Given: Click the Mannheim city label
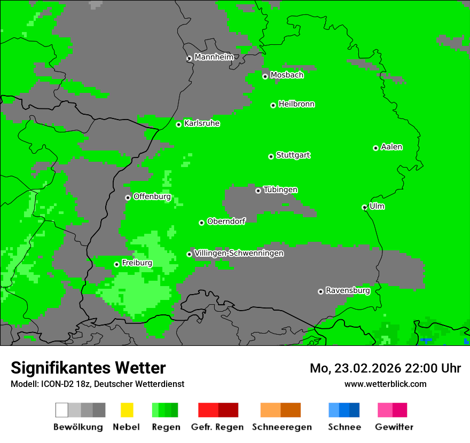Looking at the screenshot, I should click(214, 57).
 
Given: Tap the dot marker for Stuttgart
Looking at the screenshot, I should click(271, 156).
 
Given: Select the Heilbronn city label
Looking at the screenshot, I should click(296, 104).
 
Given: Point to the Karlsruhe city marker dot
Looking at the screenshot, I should click(178, 124).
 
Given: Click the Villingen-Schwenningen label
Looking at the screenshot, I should click(239, 253).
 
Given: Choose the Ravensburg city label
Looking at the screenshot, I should click(348, 290).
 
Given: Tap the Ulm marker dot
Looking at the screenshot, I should click(364, 207).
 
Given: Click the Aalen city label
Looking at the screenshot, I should click(391, 147).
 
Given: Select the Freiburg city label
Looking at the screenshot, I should click(137, 263).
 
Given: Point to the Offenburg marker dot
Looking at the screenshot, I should click(128, 197).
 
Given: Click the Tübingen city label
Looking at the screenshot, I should click(280, 189).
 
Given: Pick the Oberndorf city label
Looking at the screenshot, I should click(226, 222).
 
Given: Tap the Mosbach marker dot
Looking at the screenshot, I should click(265, 76).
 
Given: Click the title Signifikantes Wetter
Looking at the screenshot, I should click(88, 368).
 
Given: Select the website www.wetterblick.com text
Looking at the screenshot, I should click(385, 384).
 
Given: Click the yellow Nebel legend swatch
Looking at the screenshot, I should click(127, 410).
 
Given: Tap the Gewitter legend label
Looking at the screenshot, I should click(394, 427).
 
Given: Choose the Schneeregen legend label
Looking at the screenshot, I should click(282, 427).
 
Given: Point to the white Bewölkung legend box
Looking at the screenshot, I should click(62, 410).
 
